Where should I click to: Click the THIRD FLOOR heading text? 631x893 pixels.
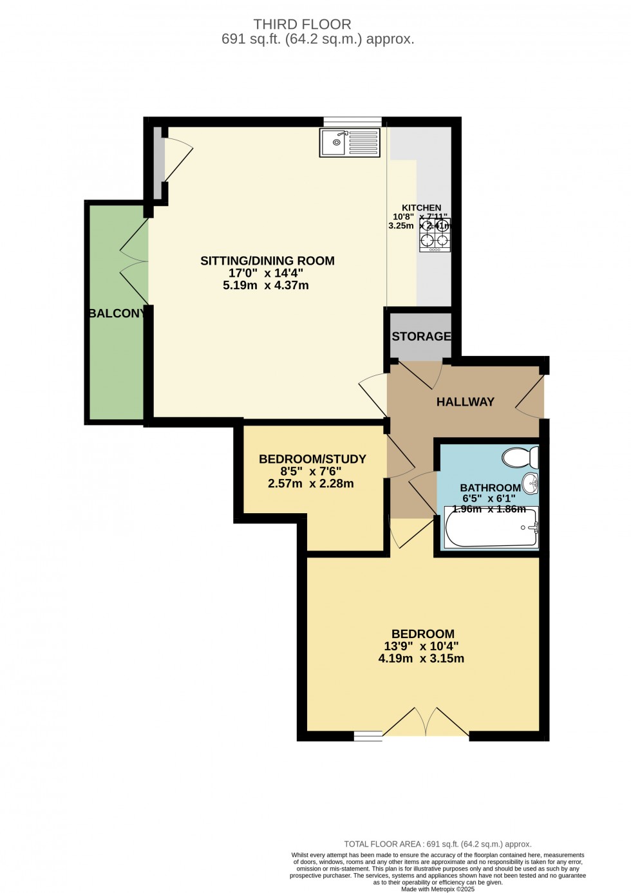[x=302, y=24]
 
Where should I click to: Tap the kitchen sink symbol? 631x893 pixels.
[x=350, y=142]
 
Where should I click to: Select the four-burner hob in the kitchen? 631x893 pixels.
[x=435, y=235]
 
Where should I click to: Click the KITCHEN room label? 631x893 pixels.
[x=421, y=208]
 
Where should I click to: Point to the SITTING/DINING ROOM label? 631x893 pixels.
[x=267, y=261]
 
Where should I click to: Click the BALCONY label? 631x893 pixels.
[x=117, y=314]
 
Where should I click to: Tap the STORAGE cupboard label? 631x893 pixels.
[x=421, y=337]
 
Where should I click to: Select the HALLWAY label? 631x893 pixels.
[x=465, y=402]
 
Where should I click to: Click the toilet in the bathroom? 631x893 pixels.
[x=520, y=458]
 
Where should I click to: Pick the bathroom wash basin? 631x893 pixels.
[x=530, y=482]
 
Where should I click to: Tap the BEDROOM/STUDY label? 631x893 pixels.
[x=312, y=459]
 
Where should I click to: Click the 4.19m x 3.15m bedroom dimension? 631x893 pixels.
[x=421, y=659]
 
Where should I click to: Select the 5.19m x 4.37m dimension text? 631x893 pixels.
[x=266, y=285]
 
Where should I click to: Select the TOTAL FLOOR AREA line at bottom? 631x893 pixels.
[x=438, y=844]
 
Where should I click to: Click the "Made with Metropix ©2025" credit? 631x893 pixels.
[x=438, y=889]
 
